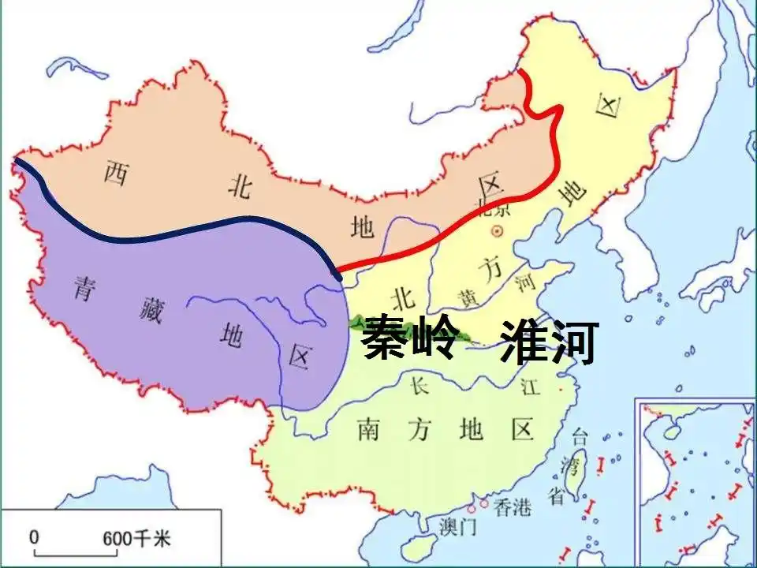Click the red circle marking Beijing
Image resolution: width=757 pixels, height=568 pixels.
click(x=497, y=231)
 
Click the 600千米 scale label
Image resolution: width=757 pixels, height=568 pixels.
click(x=136, y=539)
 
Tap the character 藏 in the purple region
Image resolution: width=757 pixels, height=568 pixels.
click(x=154, y=308)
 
